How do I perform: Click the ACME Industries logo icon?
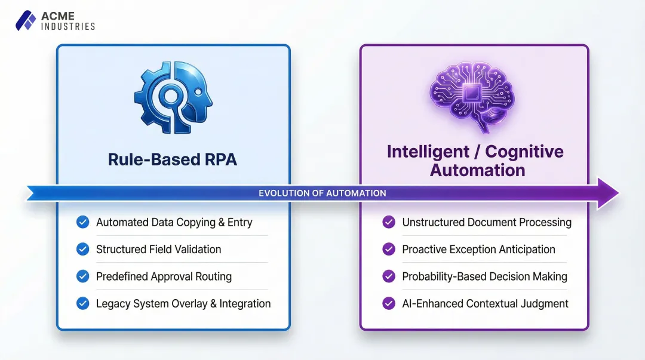tap(25, 20)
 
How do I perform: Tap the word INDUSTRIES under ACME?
tap(67, 26)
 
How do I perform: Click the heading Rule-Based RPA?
tap(173, 159)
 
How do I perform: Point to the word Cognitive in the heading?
tap(524, 152)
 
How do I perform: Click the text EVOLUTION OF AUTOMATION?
tap(322, 193)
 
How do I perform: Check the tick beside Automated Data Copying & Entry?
tap(83, 222)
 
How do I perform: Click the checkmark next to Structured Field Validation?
tap(83, 250)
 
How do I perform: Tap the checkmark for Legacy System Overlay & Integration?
tap(83, 304)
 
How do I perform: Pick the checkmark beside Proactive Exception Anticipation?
tap(389, 250)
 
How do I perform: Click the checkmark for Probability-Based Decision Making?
tap(389, 277)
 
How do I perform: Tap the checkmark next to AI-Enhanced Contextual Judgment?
tap(389, 304)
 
